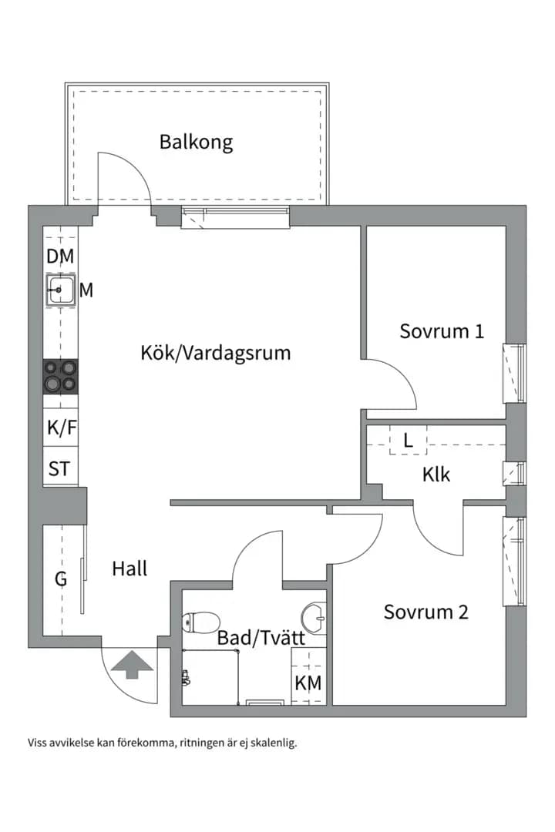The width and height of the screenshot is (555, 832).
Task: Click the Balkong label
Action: (x=196, y=143)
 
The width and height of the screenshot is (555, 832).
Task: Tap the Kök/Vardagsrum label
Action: (x=216, y=353)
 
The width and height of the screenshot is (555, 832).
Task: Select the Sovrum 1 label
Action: (x=442, y=331)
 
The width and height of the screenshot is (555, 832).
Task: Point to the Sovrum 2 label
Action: (x=426, y=612)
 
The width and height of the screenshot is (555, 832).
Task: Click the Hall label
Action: (x=129, y=569)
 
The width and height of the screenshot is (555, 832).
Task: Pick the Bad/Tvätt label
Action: (x=261, y=637)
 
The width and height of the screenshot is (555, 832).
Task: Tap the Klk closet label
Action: (x=436, y=474)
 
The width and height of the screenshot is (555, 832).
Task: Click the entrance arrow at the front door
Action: (x=132, y=665)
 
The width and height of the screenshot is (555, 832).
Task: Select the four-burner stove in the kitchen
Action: (x=61, y=376)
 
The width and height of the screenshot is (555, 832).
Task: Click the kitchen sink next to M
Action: (x=61, y=290)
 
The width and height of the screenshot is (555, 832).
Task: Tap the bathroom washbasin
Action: (x=314, y=618)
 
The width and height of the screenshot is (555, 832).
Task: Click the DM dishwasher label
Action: (x=60, y=257)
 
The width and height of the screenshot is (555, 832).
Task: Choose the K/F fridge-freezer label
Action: (x=62, y=427)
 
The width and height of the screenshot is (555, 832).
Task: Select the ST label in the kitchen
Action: (x=59, y=469)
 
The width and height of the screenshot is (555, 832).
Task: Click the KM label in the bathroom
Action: (x=308, y=683)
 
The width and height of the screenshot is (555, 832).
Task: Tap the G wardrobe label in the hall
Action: (x=61, y=579)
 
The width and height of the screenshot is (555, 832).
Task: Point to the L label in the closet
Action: (x=408, y=441)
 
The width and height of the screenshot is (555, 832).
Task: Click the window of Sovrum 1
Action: (x=514, y=373)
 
